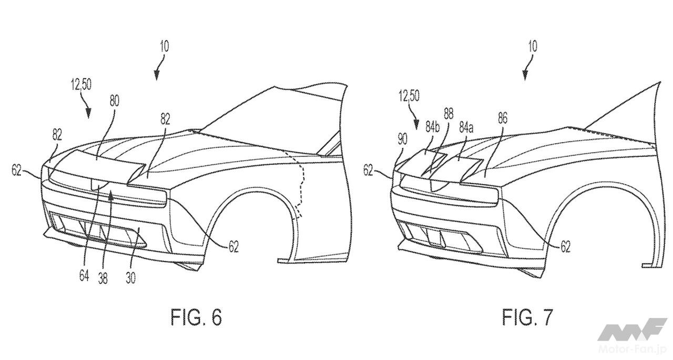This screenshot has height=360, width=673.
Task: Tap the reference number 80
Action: point(114,101)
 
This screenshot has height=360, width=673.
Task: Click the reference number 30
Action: point(130,277)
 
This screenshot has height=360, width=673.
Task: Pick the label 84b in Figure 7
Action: point(432,127)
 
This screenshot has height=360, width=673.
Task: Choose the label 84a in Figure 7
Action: point(466,128)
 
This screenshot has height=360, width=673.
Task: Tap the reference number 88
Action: point(448,115)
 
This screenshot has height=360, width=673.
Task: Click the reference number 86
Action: point(502,118)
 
